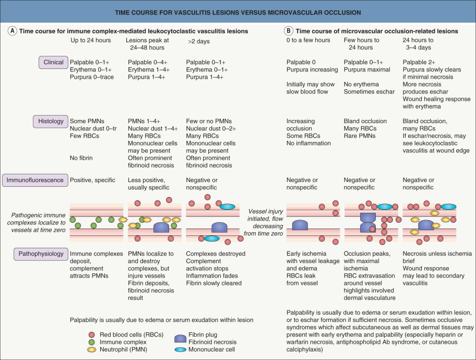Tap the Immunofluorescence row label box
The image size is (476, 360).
click(35, 180)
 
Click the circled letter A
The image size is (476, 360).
click(13, 31)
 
